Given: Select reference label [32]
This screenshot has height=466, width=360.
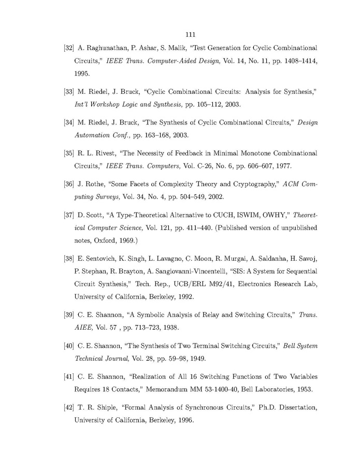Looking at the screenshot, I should click(68, 48).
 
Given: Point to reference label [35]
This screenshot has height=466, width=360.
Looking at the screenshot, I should click(68, 153).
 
